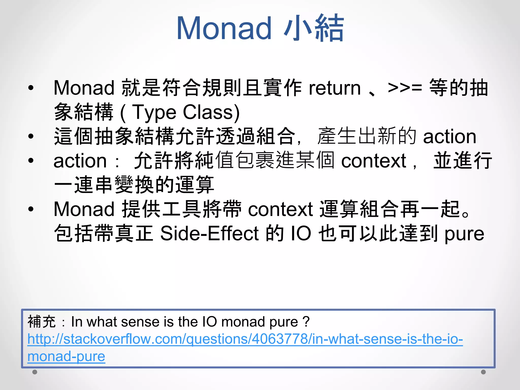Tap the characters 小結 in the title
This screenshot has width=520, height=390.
pos(314,28)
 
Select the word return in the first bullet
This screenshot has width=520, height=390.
pos(334,88)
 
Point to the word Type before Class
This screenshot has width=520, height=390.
pos(154,112)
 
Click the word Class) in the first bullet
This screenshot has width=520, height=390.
pos(211,112)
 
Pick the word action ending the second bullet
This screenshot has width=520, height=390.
pos(449,137)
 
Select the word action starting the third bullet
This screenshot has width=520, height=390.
pos(80,161)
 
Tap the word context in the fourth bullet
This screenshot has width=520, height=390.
pos(280,209)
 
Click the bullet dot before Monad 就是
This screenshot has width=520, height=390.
pos(31,88)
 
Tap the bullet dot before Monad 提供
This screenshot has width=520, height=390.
pos(31,209)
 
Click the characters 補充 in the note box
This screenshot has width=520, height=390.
pos(41,322)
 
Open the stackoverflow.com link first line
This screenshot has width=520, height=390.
pos(245,339)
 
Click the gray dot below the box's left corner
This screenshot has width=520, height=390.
pos(35,372)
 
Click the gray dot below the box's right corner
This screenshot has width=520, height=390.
pos(483,372)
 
